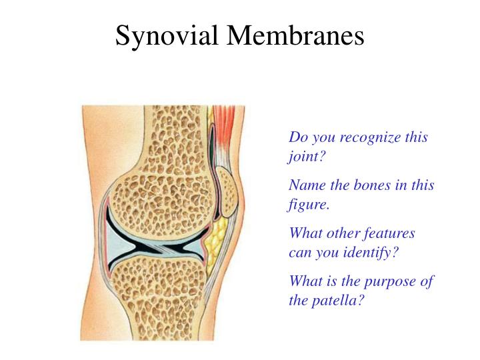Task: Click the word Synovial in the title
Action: (167, 36)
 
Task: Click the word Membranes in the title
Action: (295, 35)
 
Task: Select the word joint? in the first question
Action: (307, 157)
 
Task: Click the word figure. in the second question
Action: (308, 205)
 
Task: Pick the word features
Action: (389, 233)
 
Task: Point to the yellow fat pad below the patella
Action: (215, 241)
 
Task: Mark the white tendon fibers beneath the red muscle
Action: (221, 155)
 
